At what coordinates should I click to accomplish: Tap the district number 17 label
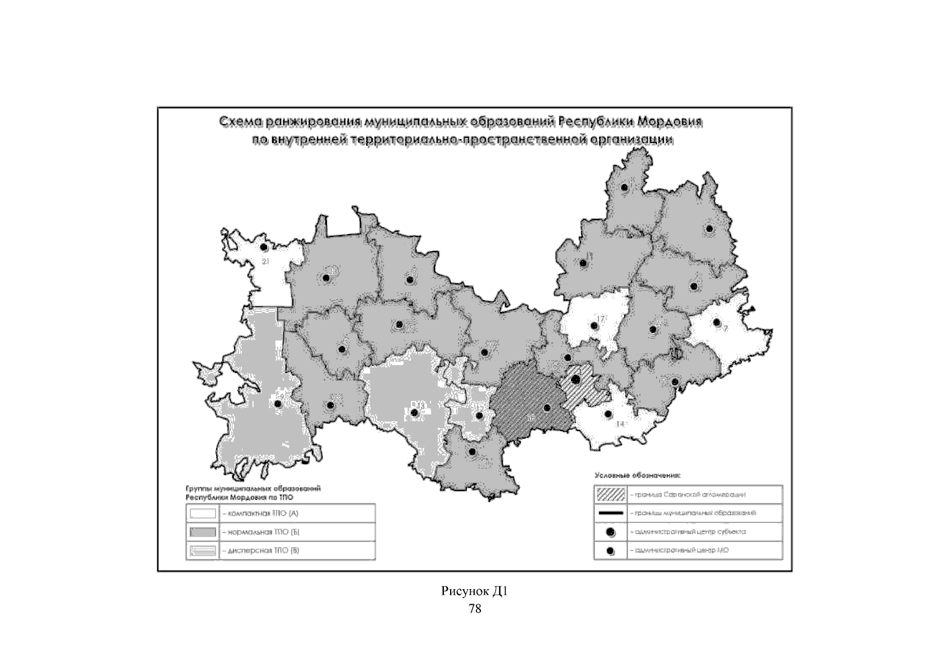pos(601,319)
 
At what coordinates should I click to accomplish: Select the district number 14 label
pos(620,424)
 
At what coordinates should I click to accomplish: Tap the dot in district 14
pos(608,414)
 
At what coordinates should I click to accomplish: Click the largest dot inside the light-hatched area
pos(575,379)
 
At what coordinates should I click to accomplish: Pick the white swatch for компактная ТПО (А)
pos(203,513)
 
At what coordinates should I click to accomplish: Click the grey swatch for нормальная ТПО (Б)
pos(203,531)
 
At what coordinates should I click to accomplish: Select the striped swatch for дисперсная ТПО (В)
pos(203,550)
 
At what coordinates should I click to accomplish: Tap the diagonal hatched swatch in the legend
pos(610,494)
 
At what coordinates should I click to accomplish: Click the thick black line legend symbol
pos(610,513)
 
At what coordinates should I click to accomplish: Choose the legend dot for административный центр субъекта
pos(610,531)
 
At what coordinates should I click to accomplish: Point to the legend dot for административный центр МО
pos(610,550)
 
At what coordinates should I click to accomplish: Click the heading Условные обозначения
pos(637,476)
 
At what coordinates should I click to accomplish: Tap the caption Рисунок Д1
pos(474,591)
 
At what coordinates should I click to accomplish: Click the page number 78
pos(474,608)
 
